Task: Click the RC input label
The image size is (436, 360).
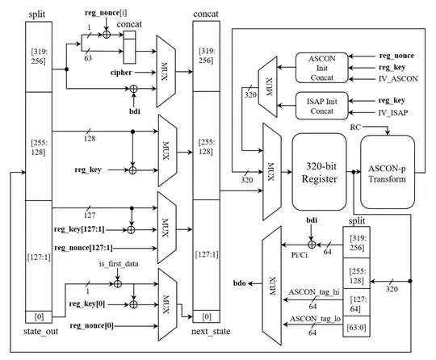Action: coord(354,128)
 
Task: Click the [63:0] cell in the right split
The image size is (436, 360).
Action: coord(355,329)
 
